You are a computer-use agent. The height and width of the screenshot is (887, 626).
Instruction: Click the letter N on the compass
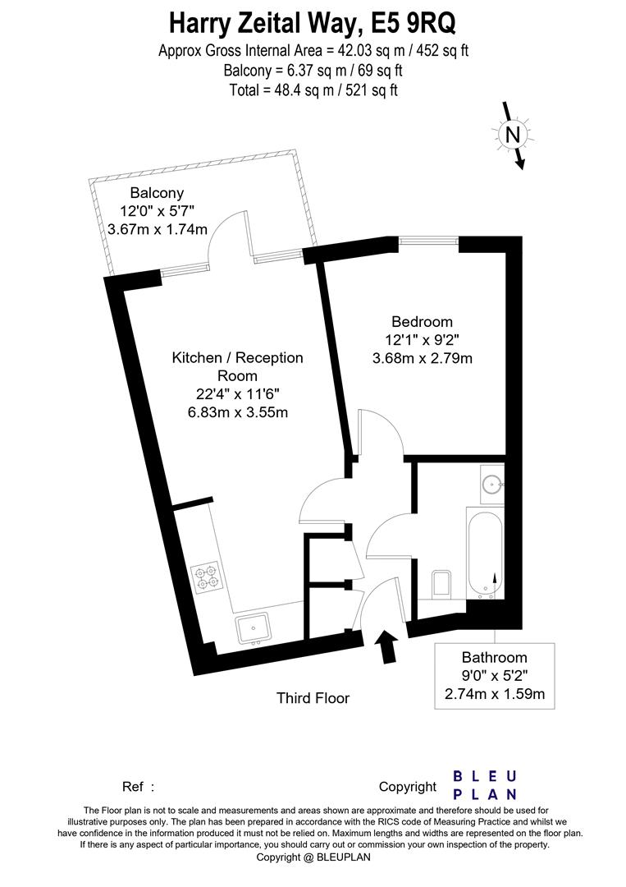point(513,136)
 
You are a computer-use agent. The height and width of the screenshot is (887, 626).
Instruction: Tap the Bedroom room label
point(422,322)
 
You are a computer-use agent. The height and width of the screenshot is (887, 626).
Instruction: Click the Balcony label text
point(157,194)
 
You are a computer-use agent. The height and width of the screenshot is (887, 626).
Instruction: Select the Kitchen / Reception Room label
point(237,366)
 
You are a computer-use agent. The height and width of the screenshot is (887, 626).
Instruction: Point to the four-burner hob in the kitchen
point(208,577)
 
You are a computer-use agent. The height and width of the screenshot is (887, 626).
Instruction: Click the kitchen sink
point(254,628)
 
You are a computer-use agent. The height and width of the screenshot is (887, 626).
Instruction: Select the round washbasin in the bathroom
point(492,485)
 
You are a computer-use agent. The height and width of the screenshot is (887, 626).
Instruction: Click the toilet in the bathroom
point(441,585)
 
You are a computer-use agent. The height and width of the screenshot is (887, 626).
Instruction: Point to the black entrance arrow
point(387,646)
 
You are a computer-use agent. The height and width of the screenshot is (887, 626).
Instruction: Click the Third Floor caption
point(313,698)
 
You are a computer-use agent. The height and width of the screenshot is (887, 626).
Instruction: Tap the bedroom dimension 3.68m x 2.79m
point(423,358)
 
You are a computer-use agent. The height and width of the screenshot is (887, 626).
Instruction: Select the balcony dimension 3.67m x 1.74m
point(158,230)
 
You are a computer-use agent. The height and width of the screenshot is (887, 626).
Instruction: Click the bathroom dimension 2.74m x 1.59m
point(495,693)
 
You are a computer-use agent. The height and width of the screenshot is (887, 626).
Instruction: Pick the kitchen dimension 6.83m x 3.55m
point(238,412)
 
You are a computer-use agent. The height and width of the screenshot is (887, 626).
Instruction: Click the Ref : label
point(138,787)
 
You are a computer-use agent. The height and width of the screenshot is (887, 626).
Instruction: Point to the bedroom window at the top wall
point(429,241)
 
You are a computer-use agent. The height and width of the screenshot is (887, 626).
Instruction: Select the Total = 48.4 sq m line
point(313,90)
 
